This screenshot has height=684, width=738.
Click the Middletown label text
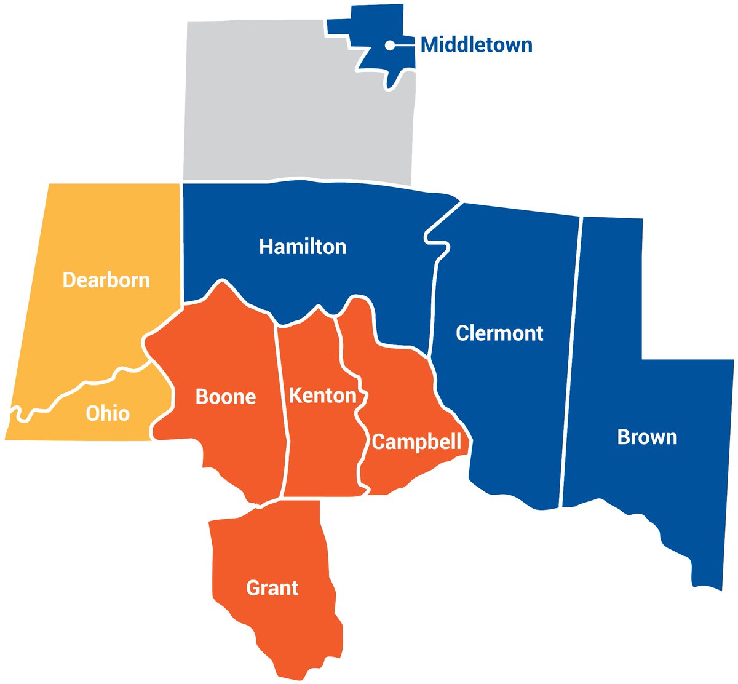[x=476, y=45]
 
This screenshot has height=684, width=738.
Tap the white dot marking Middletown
[x=390, y=45]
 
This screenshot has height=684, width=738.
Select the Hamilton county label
[x=303, y=247]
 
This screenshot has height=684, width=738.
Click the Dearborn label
[x=106, y=280]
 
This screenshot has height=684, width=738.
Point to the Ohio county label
[x=108, y=413]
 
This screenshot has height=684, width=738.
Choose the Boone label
[x=226, y=397]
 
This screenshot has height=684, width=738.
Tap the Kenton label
[x=323, y=395]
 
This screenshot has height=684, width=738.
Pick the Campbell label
[x=416, y=442]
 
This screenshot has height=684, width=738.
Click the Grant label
[x=272, y=588]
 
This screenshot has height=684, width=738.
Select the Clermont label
[x=499, y=333]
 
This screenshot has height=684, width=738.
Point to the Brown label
[x=647, y=437]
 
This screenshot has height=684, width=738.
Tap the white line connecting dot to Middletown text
[x=405, y=45]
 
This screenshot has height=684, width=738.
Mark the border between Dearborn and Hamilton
[x=182, y=246]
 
